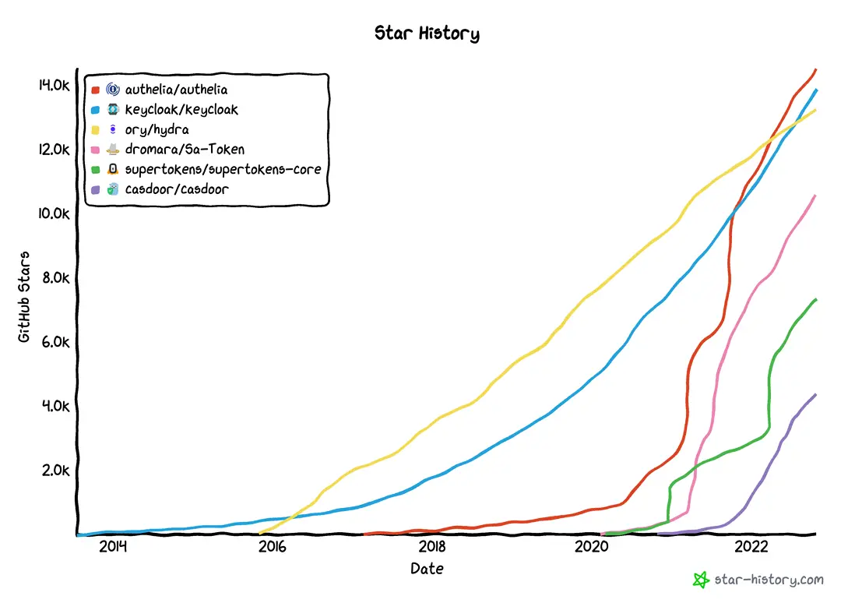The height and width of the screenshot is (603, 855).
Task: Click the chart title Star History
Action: coord(427,33)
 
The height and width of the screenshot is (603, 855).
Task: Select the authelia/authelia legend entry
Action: coord(176,90)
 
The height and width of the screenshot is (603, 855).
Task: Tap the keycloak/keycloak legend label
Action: coord(181,110)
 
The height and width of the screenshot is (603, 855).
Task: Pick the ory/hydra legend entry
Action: coord(157,129)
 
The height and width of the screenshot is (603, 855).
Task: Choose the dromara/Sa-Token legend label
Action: coord(185,150)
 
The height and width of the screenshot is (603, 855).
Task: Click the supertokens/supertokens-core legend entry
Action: coord(223,169)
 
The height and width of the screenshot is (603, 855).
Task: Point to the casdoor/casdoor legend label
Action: coord(177,189)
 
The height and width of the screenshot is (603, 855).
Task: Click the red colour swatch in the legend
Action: coord(95,90)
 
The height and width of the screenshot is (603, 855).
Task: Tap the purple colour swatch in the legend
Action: coord(95,189)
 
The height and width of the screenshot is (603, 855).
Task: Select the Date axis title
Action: coord(427,569)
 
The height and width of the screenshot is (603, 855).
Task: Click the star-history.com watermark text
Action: coord(769,580)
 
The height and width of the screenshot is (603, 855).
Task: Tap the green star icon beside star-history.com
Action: coord(701,580)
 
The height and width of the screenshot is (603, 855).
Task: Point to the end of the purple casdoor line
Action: coord(815,394)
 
